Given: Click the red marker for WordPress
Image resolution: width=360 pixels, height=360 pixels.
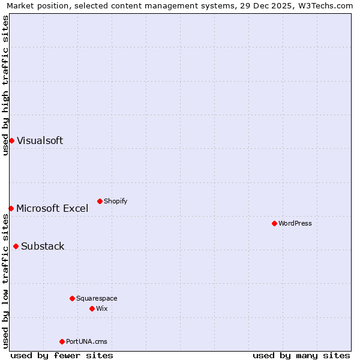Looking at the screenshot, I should [274, 223].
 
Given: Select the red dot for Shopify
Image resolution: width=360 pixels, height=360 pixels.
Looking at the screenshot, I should [100, 201].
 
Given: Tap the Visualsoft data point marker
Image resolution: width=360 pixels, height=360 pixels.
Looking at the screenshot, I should [11, 140].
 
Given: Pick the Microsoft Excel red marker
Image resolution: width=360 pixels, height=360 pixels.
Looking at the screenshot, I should [11, 208].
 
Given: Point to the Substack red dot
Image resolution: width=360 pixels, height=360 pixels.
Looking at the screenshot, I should [16, 246].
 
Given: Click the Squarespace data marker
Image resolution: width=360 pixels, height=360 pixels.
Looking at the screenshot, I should [72, 298].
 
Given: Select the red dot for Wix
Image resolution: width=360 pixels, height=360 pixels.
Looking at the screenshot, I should [92, 308].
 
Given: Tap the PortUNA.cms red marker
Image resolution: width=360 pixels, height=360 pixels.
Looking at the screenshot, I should [62, 341].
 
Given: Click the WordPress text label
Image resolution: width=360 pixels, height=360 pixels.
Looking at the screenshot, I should [295, 223].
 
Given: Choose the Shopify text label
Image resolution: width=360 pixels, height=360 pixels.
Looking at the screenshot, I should [115, 201].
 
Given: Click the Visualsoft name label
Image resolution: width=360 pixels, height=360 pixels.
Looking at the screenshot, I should [40, 140].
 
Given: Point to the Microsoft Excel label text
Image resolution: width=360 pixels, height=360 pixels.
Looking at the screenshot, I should [52, 208].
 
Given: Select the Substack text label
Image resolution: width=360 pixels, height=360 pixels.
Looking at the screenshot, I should [43, 246].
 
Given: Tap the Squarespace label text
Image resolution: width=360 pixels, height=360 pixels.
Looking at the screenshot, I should [97, 298].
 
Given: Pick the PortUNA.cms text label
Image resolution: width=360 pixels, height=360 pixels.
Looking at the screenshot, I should [86, 341].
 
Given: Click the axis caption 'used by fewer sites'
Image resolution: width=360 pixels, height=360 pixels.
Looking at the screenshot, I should [62, 355].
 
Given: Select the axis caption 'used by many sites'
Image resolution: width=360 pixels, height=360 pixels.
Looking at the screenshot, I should [301, 355].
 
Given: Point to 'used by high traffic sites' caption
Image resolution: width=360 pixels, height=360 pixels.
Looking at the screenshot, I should [5, 85].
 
